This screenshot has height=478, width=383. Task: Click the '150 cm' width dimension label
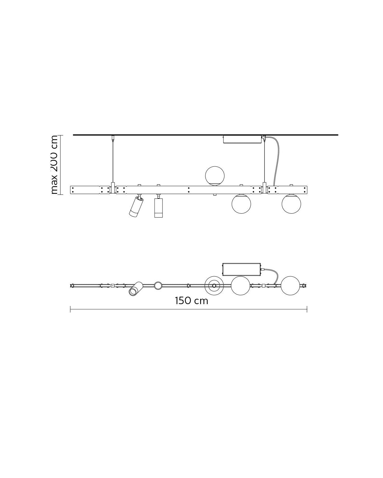pos(191,301)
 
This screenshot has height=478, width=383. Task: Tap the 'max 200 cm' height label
pos(54,165)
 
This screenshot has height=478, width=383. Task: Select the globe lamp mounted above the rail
pos(215,176)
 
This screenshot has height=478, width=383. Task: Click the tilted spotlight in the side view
pos(136,206)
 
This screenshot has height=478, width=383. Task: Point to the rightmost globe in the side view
pos(291,204)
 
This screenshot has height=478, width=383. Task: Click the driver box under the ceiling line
pos(242,139)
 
